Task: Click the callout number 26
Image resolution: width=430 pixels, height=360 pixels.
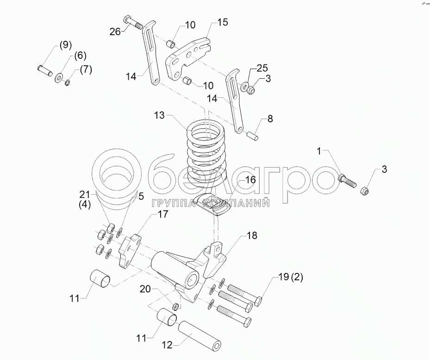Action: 115,32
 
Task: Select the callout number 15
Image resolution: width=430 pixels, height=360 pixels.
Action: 223,22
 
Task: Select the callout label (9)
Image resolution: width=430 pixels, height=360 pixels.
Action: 64,45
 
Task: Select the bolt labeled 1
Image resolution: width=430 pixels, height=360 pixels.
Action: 347,180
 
